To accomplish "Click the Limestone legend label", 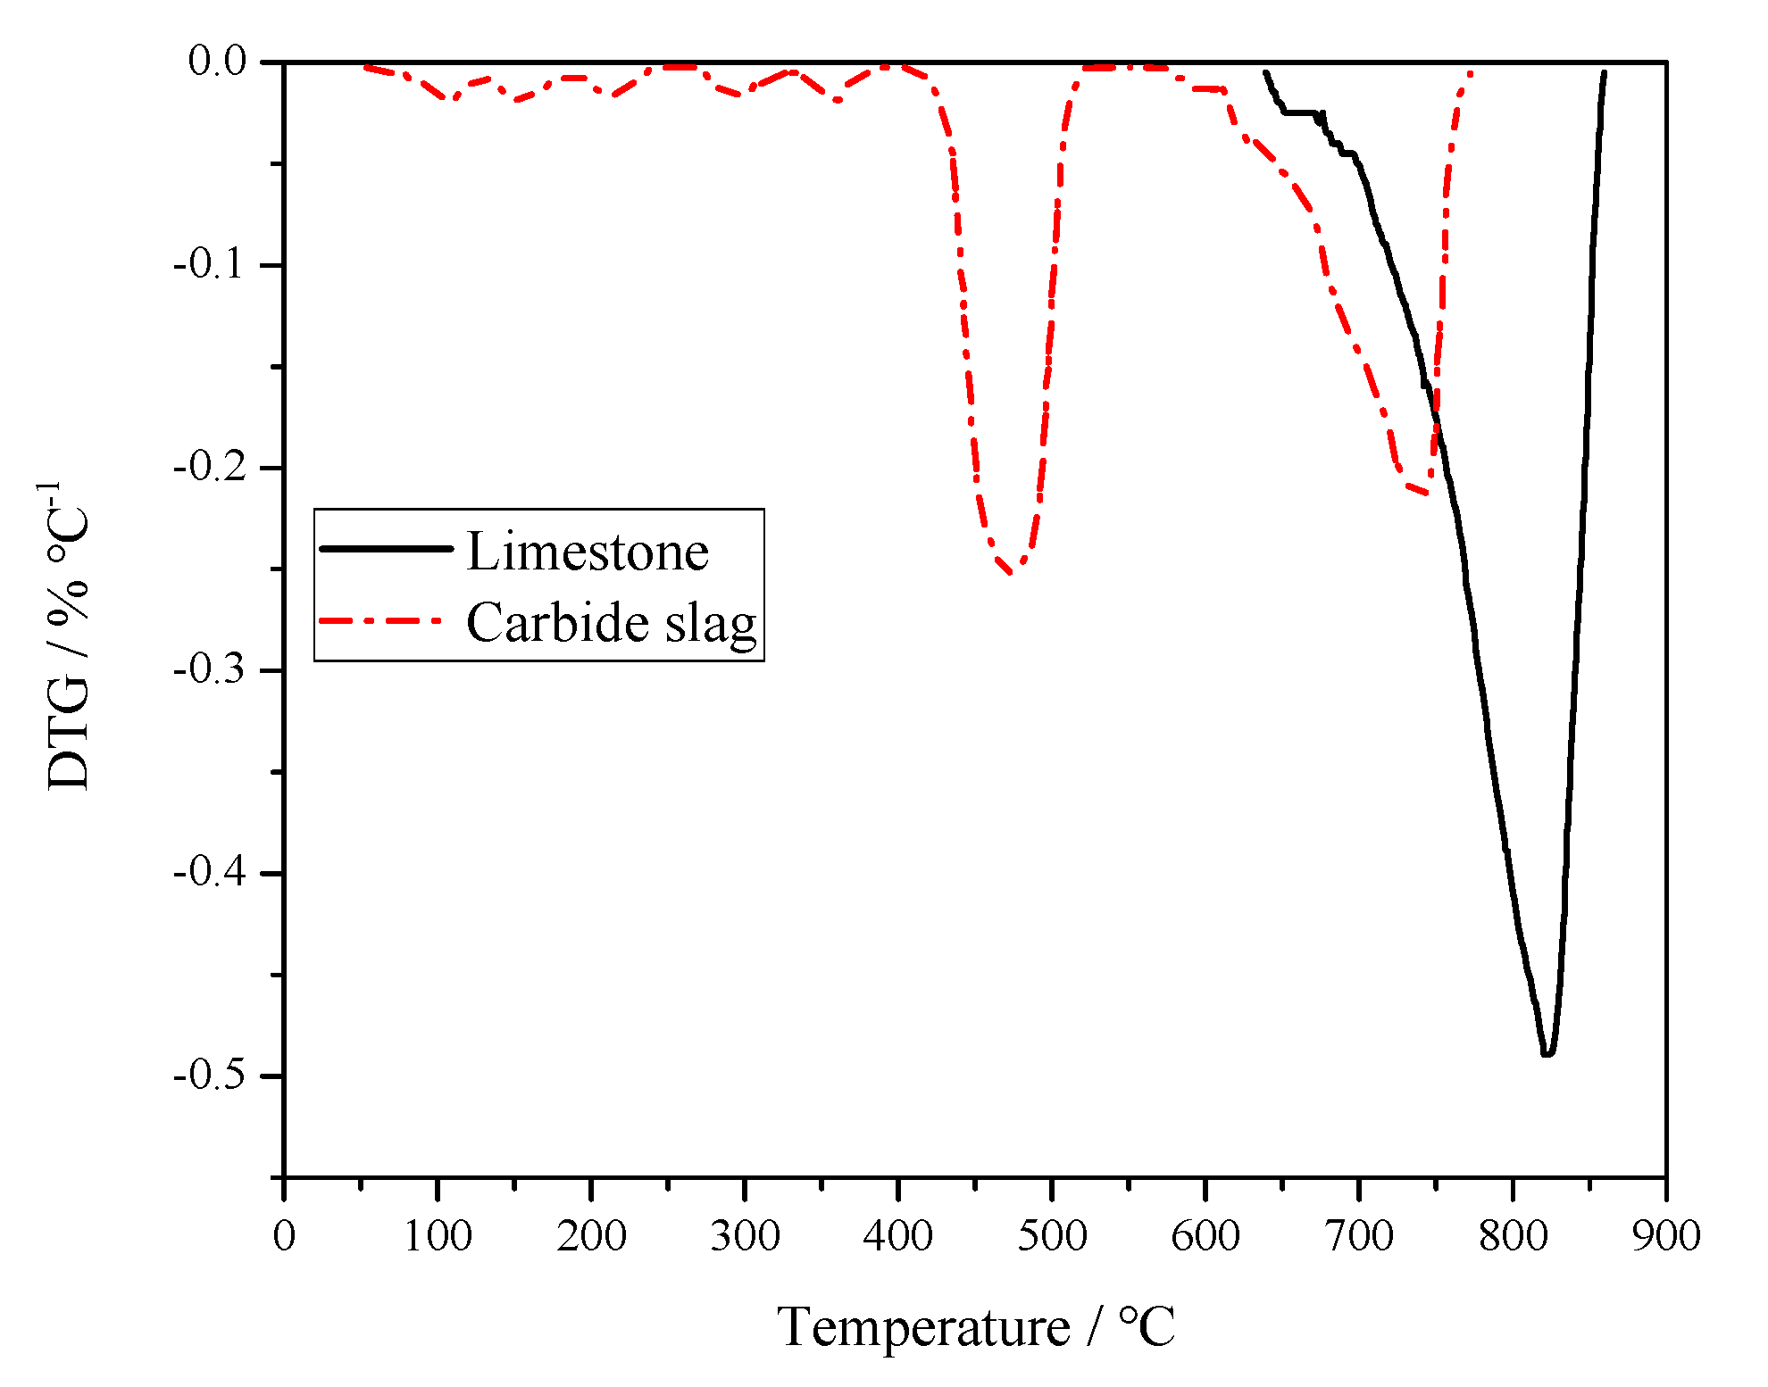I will pyautogui.click(x=588, y=552).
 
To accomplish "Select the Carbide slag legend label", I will pyautogui.click(x=612, y=622).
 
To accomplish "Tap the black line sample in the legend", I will pyautogui.click(x=386, y=548).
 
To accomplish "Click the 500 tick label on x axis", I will pyautogui.click(x=1052, y=1236).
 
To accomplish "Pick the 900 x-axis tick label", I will pyautogui.click(x=1665, y=1236).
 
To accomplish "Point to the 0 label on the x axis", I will pyautogui.click(x=284, y=1236).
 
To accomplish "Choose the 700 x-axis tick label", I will pyautogui.click(x=1358, y=1236).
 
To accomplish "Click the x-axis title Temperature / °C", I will pyautogui.click(x=976, y=1327).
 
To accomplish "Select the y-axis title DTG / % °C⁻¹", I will pyautogui.click(x=68, y=635).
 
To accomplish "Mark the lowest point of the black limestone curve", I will pyautogui.click(x=1547, y=1054).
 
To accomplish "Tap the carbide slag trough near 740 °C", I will pyautogui.click(x=1426, y=494).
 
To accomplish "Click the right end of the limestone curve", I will pyautogui.click(x=1605, y=71).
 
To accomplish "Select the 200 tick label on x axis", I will pyautogui.click(x=591, y=1236).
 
